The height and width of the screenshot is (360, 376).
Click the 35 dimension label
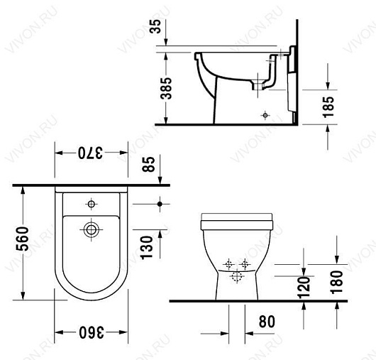(156, 26)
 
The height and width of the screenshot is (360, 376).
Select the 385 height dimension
(167, 88)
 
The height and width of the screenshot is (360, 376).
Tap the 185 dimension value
(328, 107)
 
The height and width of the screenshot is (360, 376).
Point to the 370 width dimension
(90, 153)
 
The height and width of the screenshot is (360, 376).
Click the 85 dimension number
(148, 164)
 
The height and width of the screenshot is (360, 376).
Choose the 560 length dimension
(22, 239)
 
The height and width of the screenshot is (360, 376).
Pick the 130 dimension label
(147, 248)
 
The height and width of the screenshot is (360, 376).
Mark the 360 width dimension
(92, 332)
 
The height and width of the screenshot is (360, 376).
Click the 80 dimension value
(267, 322)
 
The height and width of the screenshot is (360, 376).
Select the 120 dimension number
(304, 288)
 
